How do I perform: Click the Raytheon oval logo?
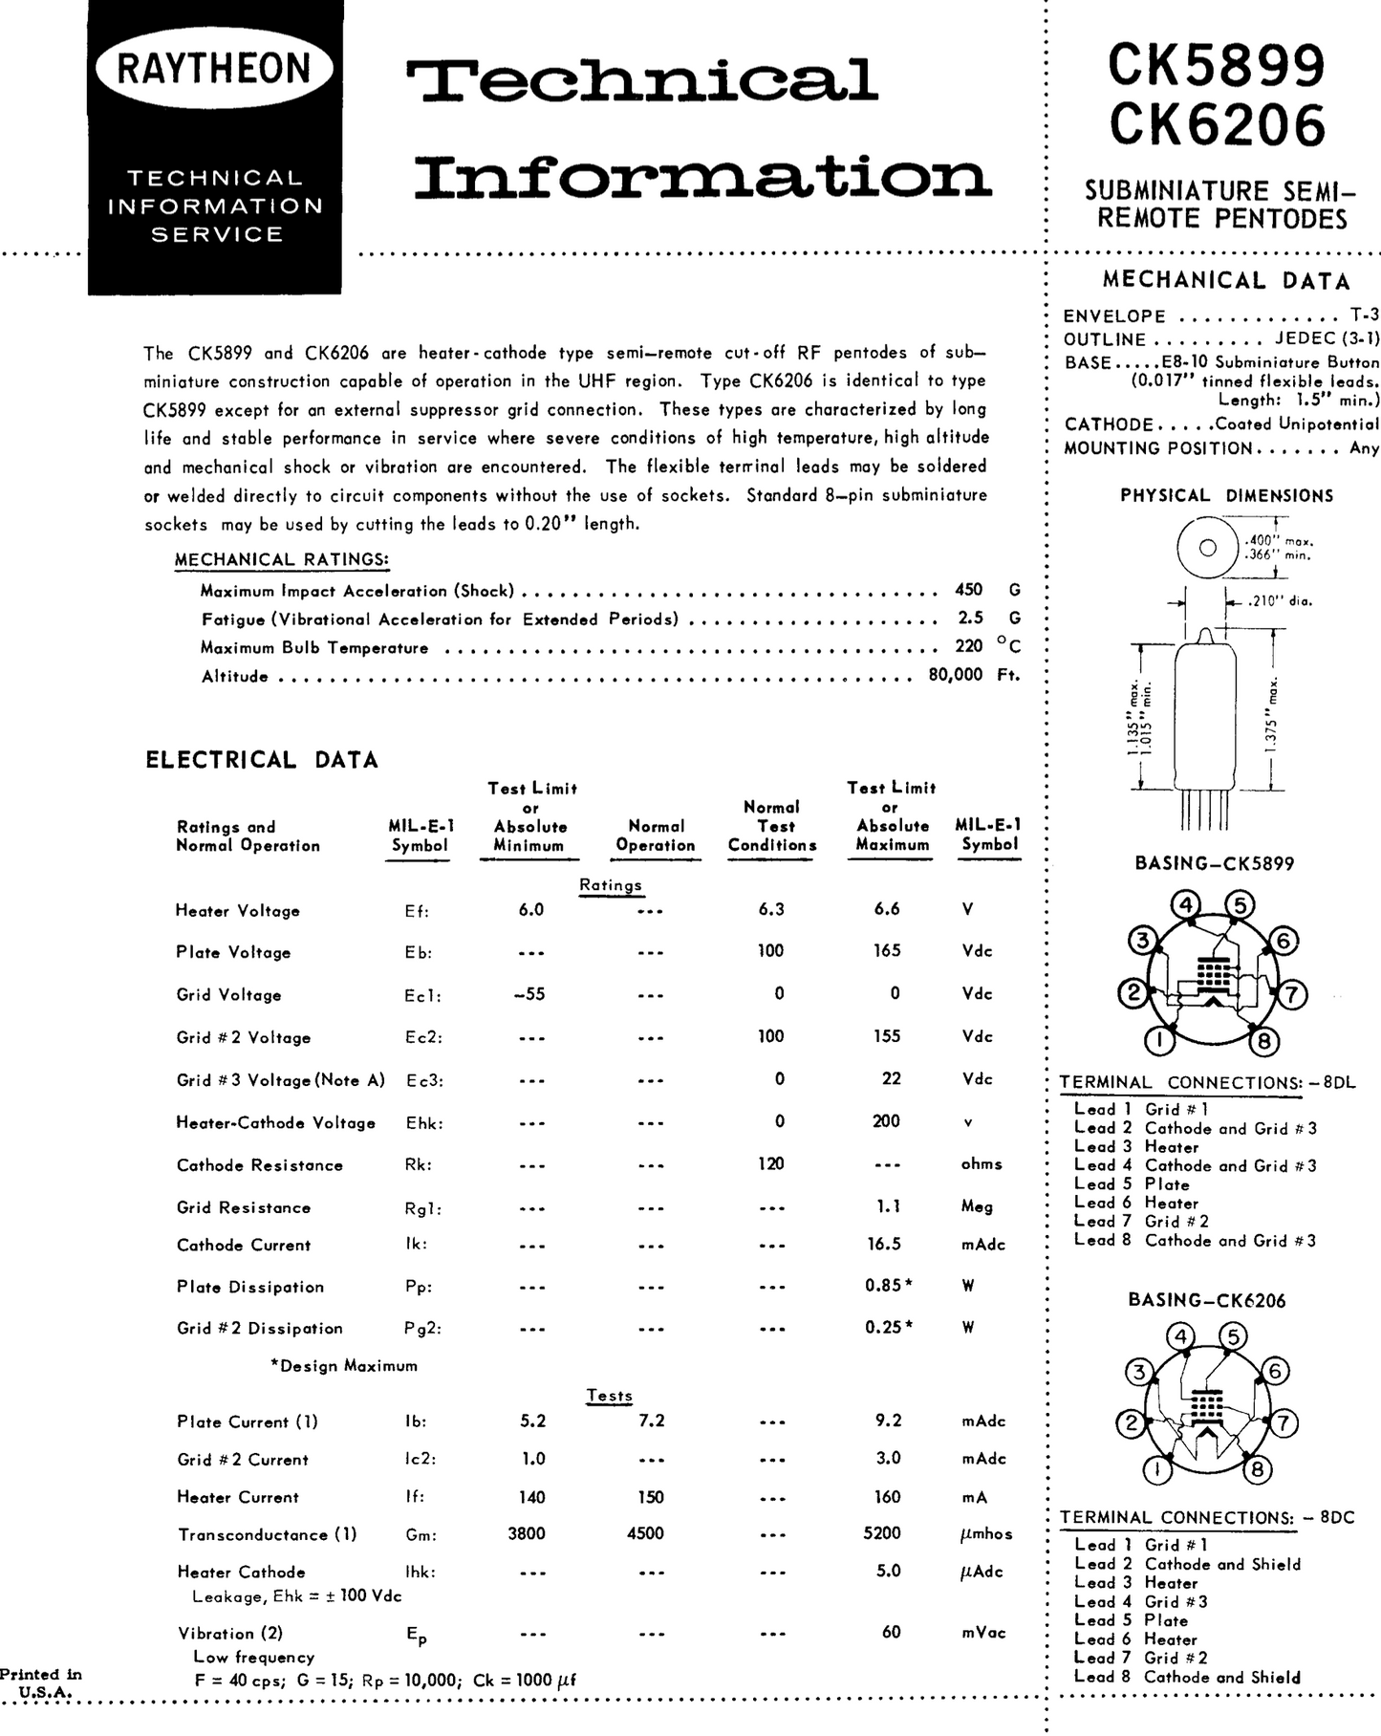[214, 69]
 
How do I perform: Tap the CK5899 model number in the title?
[1217, 66]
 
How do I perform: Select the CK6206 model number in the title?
[1218, 125]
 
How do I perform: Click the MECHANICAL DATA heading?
[1226, 281]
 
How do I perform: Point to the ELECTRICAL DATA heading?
[262, 760]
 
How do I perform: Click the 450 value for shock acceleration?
[968, 591]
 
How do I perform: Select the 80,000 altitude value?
[955, 675]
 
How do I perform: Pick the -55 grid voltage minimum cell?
[529, 994]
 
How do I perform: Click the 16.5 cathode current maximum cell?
[888, 1245]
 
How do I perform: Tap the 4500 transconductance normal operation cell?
[645, 1533]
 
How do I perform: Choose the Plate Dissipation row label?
[250, 1287]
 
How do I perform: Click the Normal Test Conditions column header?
[772, 826]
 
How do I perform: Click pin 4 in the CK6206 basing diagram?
[1182, 1336]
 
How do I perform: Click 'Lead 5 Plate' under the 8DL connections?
[1132, 1184]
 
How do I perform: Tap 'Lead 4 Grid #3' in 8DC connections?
[1141, 1601]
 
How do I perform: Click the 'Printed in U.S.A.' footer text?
[41, 1683]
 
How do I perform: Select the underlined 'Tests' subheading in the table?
[610, 1396]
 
